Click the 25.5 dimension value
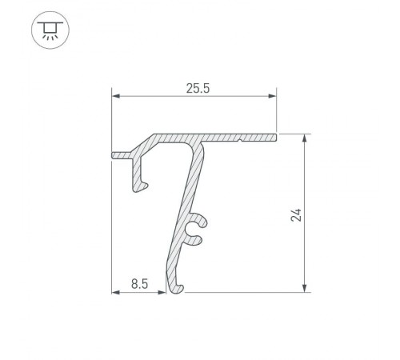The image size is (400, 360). tap(193, 88)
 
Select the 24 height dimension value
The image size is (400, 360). tap(296, 214)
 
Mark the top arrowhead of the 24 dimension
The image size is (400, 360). tap(305, 138)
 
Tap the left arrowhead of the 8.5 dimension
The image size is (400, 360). tap(114, 291)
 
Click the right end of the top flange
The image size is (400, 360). tap(274, 138)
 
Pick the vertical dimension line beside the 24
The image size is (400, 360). tap(305, 184)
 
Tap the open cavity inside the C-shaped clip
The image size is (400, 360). tap(193, 233)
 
